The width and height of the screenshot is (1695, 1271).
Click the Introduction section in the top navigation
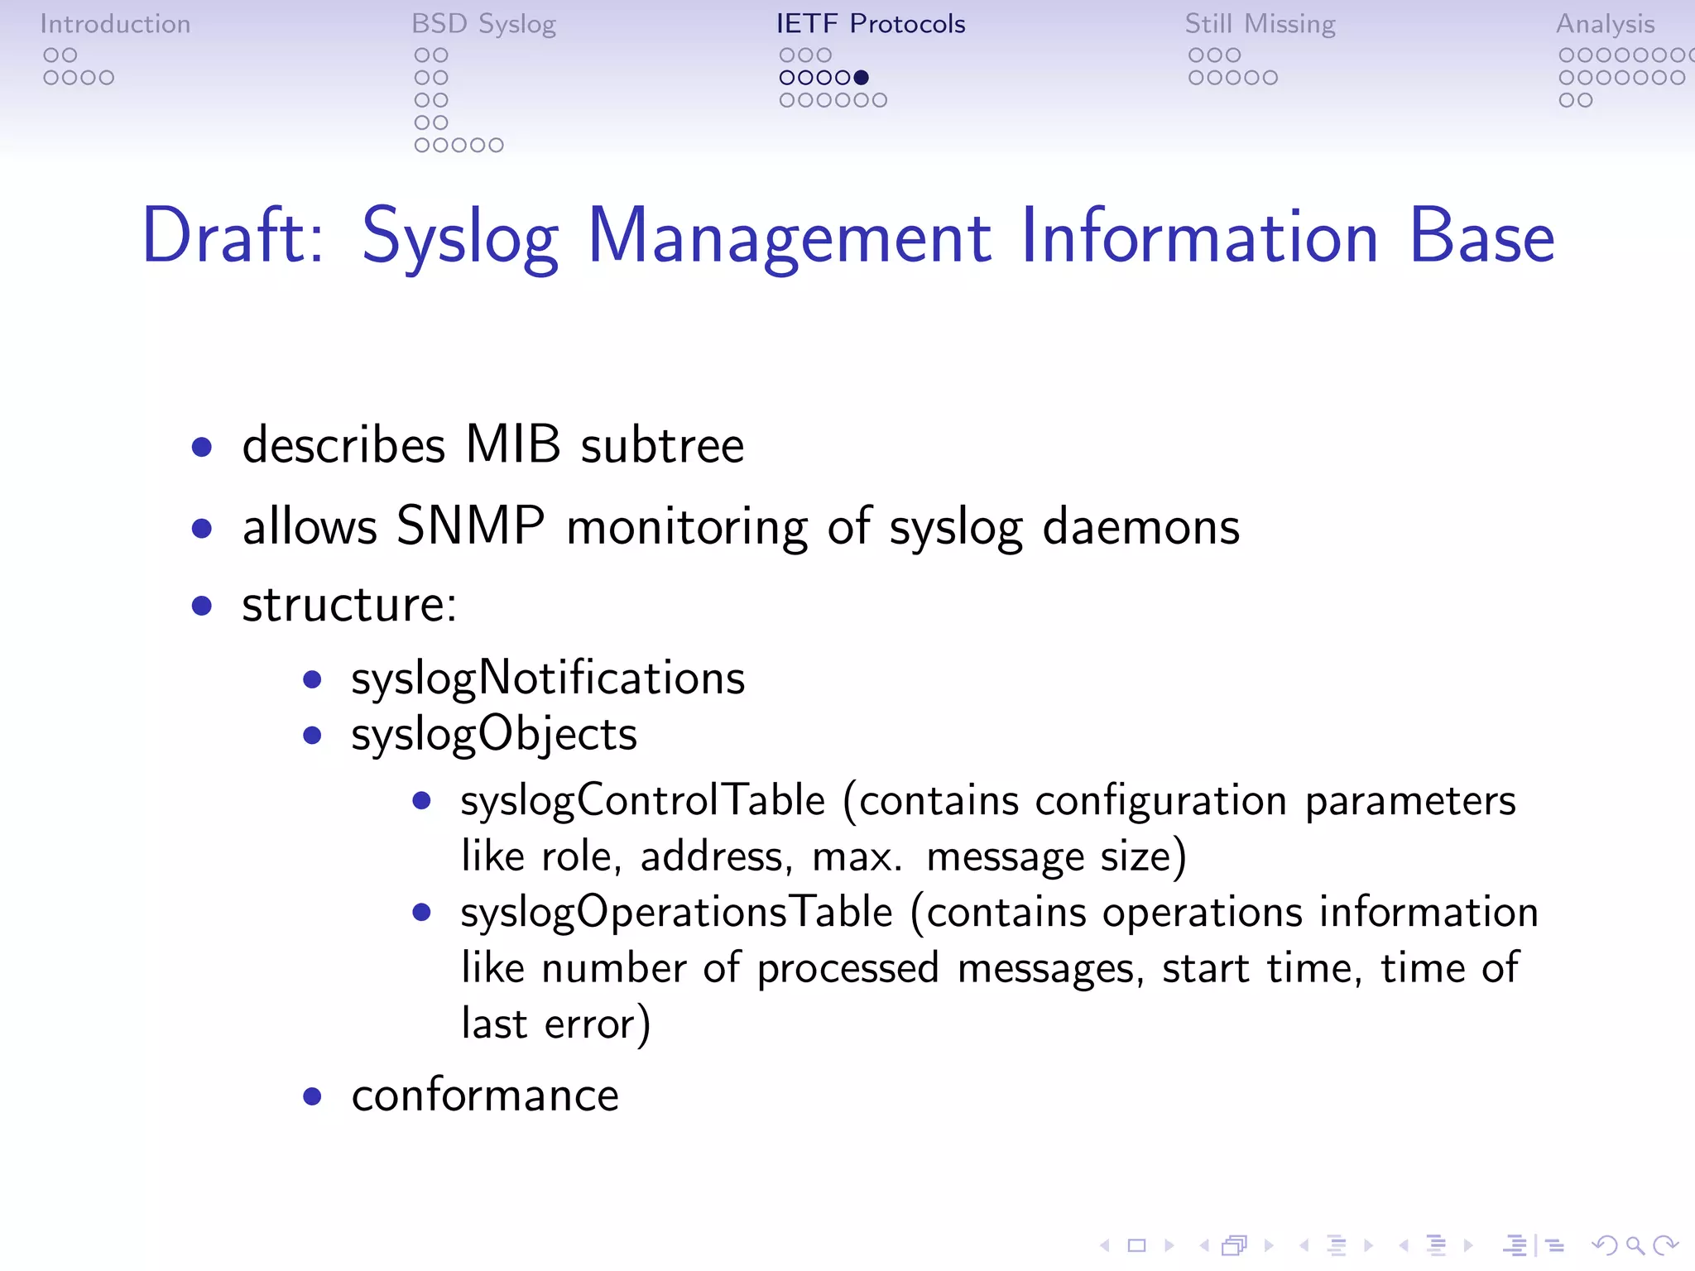pyautogui.click(x=115, y=24)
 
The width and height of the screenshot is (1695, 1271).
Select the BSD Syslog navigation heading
pyautogui.click(x=483, y=24)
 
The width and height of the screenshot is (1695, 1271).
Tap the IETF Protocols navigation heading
pyautogui.click(x=870, y=24)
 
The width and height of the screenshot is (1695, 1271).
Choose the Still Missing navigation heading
pyautogui.click(x=1260, y=24)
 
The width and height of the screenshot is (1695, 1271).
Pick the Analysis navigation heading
pyautogui.click(x=1605, y=24)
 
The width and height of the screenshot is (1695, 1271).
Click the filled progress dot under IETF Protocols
pyautogui.click(x=861, y=78)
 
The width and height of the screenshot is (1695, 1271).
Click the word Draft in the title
pyautogui.click(x=233, y=237)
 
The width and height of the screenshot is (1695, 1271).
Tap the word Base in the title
pyautogui.click(x=1481, y=237)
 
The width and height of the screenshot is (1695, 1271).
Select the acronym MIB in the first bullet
pyautogui.click(x=513, y=444)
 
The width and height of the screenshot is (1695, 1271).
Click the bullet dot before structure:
pyautogui.click(x=201, y=606)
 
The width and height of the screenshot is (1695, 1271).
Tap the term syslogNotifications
pyautogui.click(x=548, y=679)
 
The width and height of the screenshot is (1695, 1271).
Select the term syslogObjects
pyautogui.click(x=494, y=735)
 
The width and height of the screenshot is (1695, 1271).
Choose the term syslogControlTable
pyautogui.click(x=642, y=801)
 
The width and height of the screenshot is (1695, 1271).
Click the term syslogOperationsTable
pyautogui.click(x=676, y=913)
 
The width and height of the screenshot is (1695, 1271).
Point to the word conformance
pyautogui.click(x=485, y=1096)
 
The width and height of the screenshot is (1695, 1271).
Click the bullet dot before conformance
pyautogui.click(x=312, y=1097)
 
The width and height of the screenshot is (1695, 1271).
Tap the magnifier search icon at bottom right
pyautogui.click(x=1635, y=1245)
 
